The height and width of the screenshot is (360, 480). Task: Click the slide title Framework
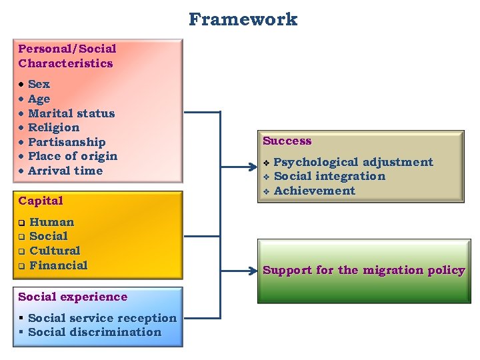point(243,19)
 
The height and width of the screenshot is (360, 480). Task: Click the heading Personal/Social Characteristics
point(67,56)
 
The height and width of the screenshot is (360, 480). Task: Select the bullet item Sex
point(39,84)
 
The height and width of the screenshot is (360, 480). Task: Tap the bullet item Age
point(39,99)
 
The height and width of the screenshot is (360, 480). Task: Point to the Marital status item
point(71,113)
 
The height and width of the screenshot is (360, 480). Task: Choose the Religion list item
point(53,127)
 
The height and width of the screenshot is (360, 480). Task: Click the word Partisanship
point(67,142)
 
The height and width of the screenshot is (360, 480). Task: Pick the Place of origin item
point(72,156)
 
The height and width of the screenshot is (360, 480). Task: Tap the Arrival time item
point(65,171)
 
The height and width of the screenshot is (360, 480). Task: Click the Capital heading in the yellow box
point(41,201)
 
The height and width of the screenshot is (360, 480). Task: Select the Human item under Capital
point(51,222)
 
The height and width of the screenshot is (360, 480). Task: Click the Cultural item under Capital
point(55,251)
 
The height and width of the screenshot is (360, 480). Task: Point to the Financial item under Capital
point(58,265)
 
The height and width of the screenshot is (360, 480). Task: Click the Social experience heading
point(73,297)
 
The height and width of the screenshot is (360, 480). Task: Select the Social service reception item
point(102,318)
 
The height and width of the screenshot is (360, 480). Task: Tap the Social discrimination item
point(95,332)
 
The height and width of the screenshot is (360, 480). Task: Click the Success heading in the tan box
point(287,141)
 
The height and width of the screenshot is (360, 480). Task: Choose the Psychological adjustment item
point(353,162)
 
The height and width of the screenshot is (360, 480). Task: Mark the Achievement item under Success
point(314,191)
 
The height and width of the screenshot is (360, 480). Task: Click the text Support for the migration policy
point(363,270)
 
